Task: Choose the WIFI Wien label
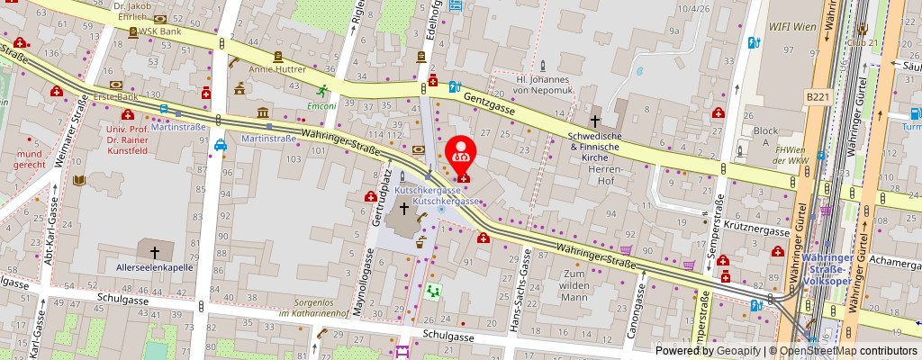pyautogui.click(x=793, y=27)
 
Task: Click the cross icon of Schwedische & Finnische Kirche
pyautogui.click(x=594, y=121)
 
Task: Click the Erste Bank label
pyautogui.click(x=116, y=96)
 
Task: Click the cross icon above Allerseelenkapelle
pyautogui.click(x=154, y=253)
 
